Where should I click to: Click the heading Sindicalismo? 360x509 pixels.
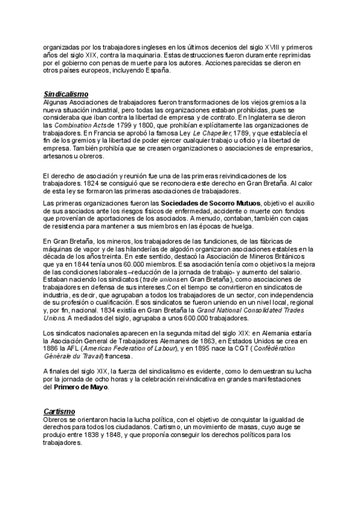(x=66, y=94)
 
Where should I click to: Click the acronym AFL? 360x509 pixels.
(x=76, y=349)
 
